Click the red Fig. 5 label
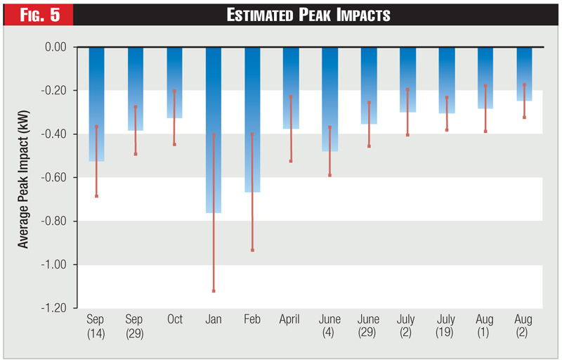[36, 14]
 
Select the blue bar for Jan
[214, 130]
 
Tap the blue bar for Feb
[252, 120]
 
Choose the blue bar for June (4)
[330, 99]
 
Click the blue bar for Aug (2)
[524, 74]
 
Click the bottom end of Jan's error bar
[214, 290]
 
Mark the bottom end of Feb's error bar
[252, 250]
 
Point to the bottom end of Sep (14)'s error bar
[96, 195]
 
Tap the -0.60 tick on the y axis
[60, 178]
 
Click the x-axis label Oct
[175, 319]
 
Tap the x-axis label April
[291, 319]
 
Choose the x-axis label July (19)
[446, 325]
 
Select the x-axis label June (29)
[369, 325]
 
